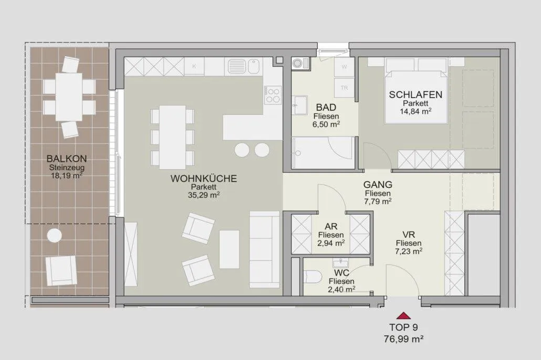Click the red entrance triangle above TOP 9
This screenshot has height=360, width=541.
403,315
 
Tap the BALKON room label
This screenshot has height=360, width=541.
67,158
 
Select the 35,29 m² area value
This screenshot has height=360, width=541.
204,195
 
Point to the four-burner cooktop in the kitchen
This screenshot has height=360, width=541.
273,95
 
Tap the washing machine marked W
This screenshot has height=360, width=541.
344,67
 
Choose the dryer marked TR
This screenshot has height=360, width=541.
344,88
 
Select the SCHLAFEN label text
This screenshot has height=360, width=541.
415,94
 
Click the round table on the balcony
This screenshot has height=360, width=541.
54,236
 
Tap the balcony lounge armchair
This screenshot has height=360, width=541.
61,270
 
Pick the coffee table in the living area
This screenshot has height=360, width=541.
229,249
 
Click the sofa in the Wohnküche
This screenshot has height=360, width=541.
264,249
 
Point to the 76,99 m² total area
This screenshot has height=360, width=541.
404,340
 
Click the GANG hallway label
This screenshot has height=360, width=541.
378,185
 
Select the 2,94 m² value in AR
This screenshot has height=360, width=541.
331,243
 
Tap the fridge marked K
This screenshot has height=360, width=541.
194,66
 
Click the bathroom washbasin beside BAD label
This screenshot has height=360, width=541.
299,105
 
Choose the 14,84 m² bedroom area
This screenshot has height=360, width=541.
415,111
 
